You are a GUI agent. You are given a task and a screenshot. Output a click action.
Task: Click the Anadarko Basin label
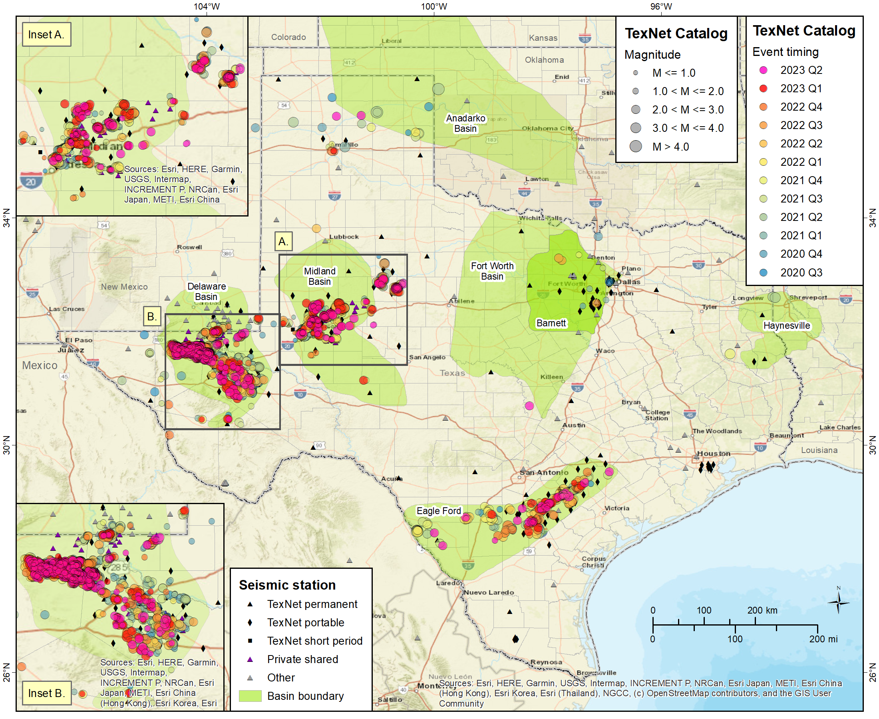[x=465, y=123]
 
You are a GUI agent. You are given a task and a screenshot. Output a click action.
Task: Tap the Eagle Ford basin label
[x=438, y=510]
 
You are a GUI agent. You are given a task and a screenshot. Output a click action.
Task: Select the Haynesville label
[x=786, y=326]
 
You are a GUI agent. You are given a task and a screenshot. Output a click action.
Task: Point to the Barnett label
[x=551, y=323]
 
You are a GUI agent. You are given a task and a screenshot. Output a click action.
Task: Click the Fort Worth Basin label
[x=492, y=271]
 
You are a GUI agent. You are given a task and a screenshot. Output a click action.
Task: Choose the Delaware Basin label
[x=206, y=292]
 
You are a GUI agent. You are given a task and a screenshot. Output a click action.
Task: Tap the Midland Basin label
[x=319, y=276]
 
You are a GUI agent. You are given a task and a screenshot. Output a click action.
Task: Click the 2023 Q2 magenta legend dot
[x=763, y=70]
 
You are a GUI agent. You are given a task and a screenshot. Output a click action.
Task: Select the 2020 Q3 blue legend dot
[x=763, y=272]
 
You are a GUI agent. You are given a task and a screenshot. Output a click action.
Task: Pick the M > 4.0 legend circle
[x=635, y=146]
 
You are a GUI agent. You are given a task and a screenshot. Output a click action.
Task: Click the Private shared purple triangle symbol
[x=250, y=659]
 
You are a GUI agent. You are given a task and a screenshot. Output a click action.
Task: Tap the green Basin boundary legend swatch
[x=250, y=696]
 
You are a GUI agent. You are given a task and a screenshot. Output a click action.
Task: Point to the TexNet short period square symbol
[x=250, y=641]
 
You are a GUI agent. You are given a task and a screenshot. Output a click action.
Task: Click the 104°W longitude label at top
[x=206, y=7]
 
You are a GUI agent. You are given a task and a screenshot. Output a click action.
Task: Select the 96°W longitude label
[x=661, y=7]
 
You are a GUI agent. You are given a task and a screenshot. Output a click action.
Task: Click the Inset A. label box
[x=46, y=34]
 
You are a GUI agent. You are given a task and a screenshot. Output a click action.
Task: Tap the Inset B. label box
[x=46, y=693]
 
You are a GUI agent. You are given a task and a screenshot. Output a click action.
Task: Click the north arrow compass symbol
[x=838, y=602]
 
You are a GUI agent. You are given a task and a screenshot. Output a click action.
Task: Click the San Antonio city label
[x=543, y=473]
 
